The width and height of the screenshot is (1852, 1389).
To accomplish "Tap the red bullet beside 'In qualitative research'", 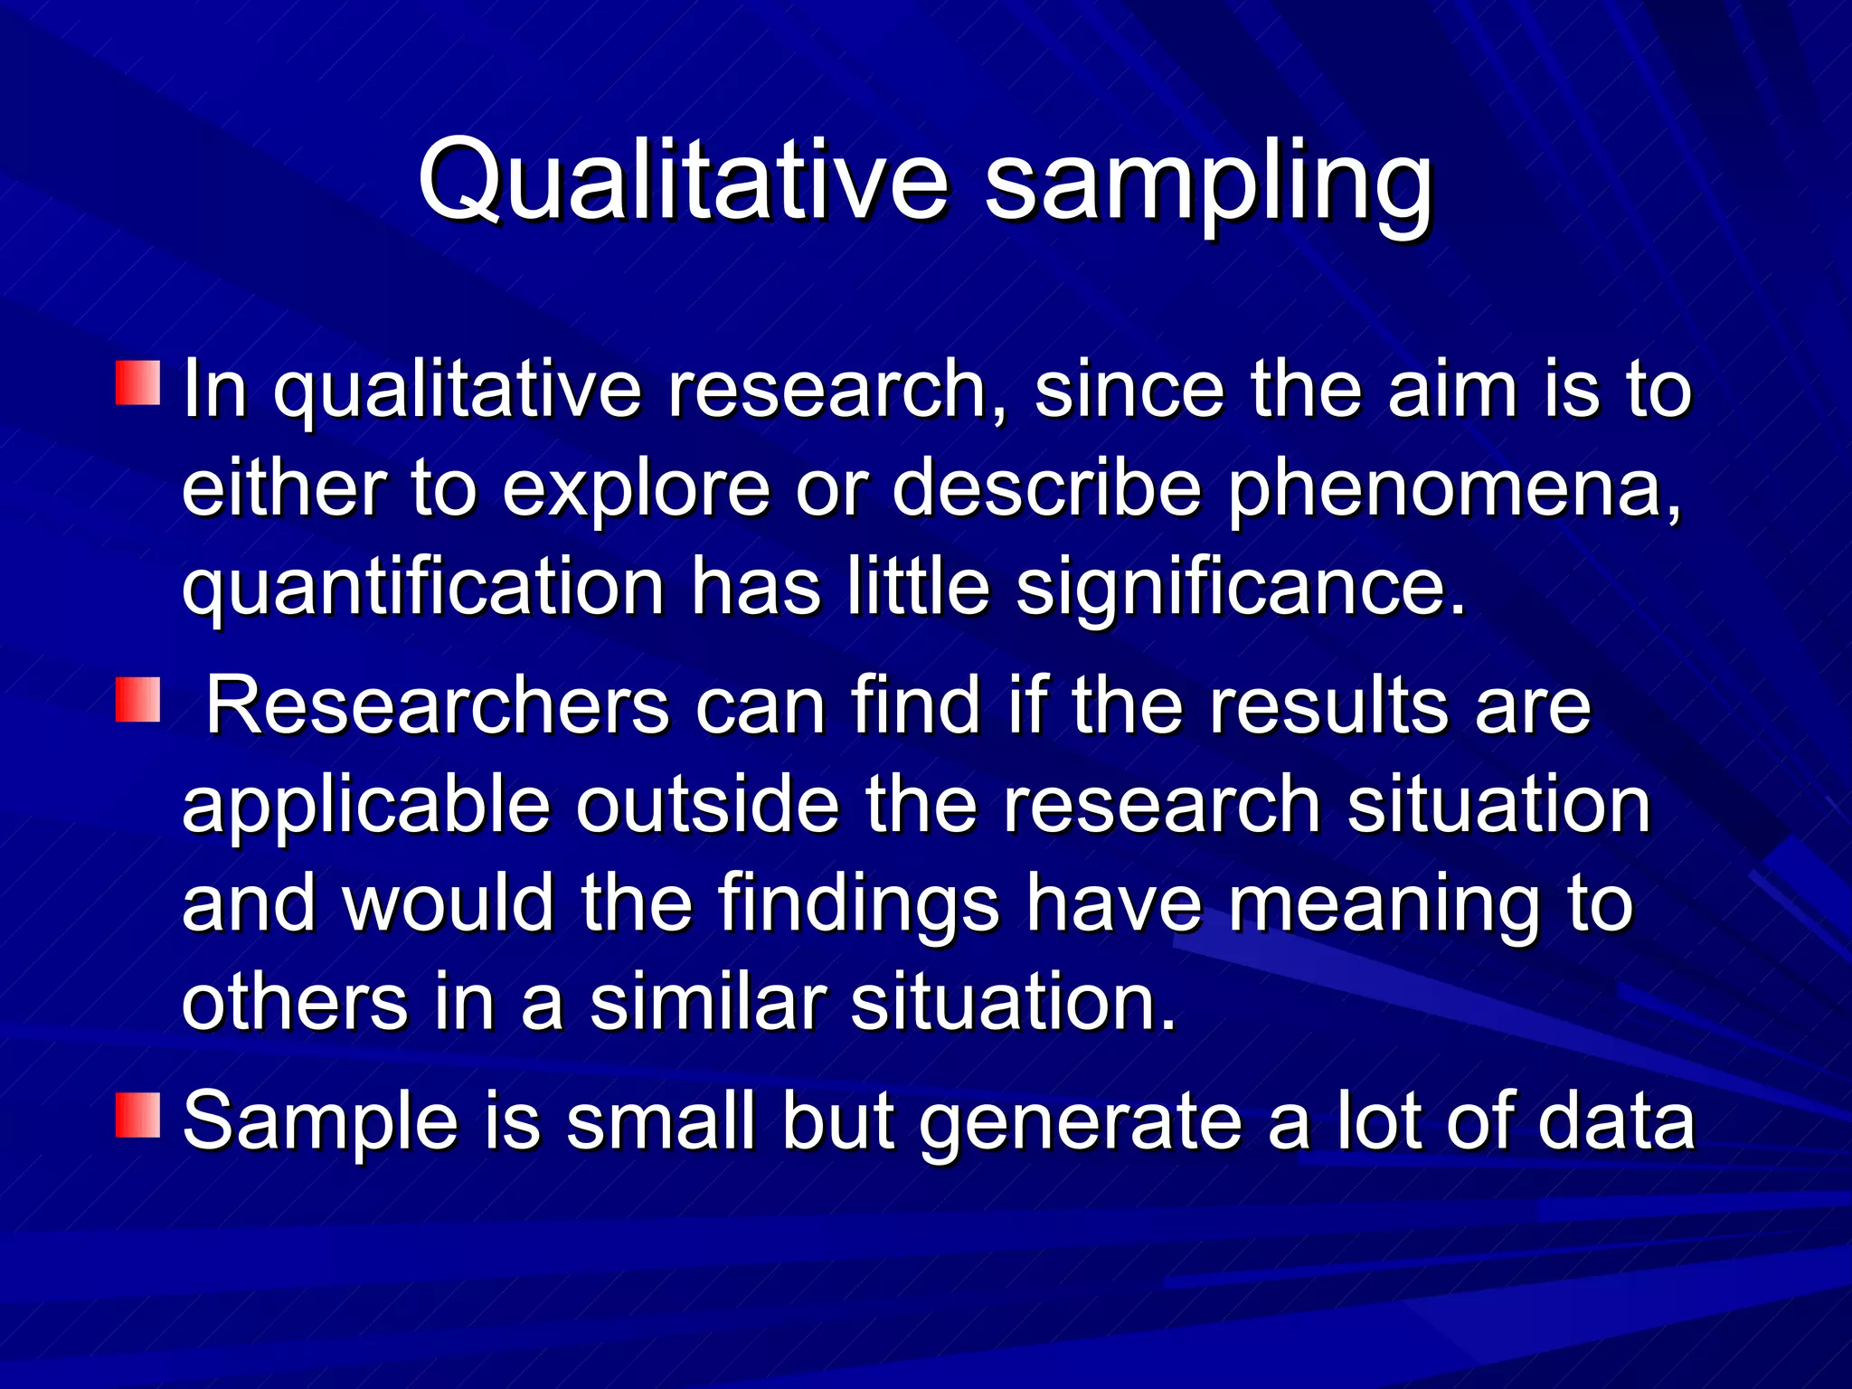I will point(138,383).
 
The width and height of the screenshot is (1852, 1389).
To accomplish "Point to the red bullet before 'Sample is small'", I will point(138,1115).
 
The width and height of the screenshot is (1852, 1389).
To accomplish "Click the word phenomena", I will point(1454,489).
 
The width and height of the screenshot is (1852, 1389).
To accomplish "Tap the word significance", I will point(1239,589).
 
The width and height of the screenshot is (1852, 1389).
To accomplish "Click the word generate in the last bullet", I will point(1082,1124).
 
